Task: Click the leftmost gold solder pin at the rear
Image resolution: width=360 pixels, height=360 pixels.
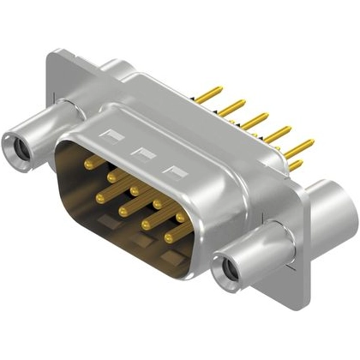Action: [216, 90]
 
